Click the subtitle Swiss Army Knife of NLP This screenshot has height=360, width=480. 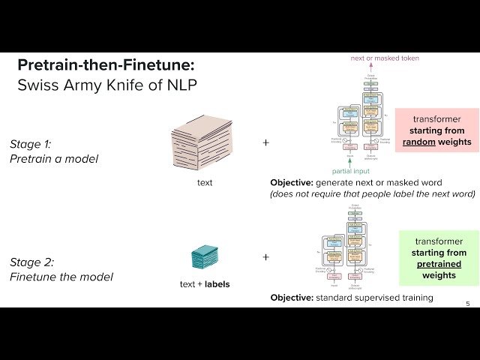pos(107,85)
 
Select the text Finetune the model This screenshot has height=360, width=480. pos(61,277)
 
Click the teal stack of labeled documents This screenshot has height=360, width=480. pos(205,257)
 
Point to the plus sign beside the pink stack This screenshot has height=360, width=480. pos(265,141)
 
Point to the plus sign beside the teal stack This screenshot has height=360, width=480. pos(265,257)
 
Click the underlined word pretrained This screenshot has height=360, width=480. pos(439,264)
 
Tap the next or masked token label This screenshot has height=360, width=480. pos(385,58)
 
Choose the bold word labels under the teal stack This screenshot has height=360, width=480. pos(217,284)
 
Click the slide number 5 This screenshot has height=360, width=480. pos(468,304)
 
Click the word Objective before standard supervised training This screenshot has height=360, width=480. pos(292,298)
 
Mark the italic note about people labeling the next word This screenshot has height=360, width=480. pos(373,193)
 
